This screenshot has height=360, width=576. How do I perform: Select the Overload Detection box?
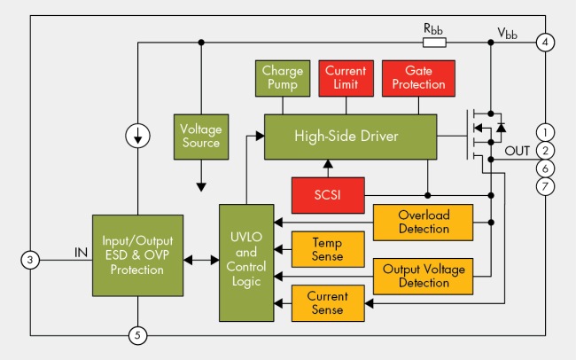(x=424, y=223)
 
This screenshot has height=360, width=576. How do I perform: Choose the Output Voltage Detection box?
(x=424, y=275)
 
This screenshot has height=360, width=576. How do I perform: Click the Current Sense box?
(x=328, y=304)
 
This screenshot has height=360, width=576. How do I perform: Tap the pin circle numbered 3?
(x=30, y=260)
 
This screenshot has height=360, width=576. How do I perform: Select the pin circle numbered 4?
(x=546, y=43)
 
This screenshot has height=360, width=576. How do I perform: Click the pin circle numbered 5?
(x=137, y=335)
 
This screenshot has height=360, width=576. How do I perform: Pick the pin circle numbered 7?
(x=546, y=186)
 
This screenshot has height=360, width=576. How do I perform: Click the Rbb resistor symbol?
(x=434, y=43)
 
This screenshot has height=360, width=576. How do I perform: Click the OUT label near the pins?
(x=517, y=151)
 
